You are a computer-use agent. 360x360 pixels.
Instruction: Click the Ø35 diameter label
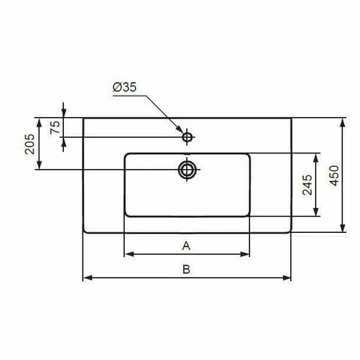click(x=124, y=87)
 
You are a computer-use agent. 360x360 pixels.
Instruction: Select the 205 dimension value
click(x=29, y=144)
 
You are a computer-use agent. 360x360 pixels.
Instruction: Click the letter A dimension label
click(x=186, y=245)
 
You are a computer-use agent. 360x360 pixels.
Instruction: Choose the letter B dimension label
click(x=186, y=269)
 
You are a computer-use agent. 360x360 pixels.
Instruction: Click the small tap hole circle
click(x=187, y=137)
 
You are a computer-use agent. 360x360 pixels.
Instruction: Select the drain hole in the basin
click(x=187, y=170)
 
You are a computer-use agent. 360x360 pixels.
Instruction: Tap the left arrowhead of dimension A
click(x=127, y=254)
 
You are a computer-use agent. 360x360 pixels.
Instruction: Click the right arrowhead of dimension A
click(x=246, y=254)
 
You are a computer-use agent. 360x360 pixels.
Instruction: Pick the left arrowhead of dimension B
click(x=85, y=278)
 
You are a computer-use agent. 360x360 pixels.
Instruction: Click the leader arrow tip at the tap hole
click(x=182, y=132)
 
